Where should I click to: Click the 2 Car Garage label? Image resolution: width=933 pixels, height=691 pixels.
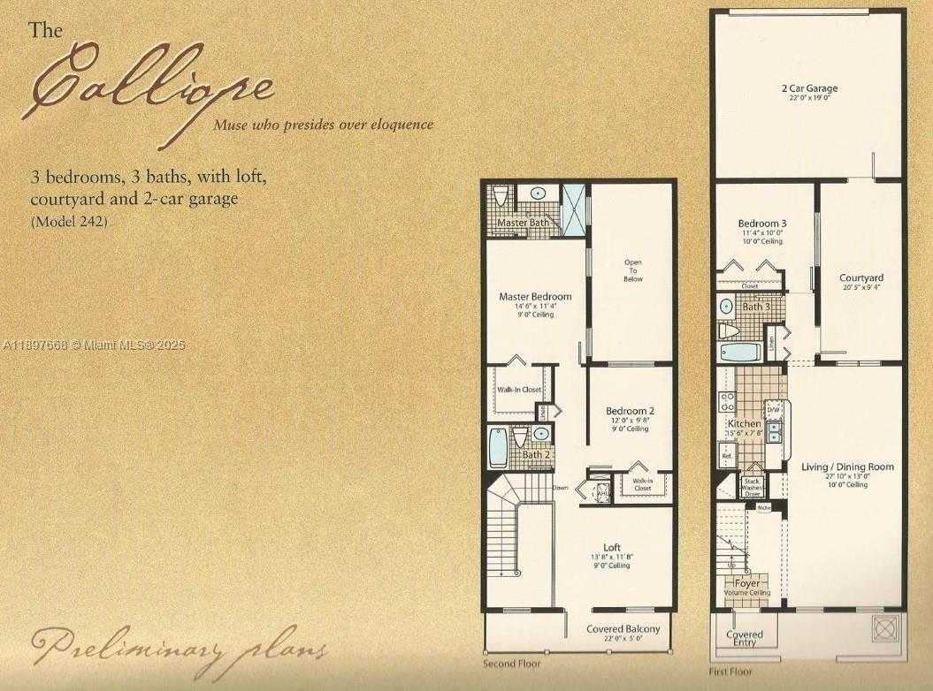pos(809,88)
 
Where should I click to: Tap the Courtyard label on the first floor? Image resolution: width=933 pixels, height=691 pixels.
pos(860,278)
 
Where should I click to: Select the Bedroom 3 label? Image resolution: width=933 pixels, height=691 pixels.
pos(761,224)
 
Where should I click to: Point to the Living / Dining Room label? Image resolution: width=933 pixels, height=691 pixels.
pos(847,467)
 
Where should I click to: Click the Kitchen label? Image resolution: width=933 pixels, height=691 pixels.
pos(745,424)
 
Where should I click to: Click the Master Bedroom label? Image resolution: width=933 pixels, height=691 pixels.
pos(535,296)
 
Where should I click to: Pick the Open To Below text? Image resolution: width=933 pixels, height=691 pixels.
pos(633,270)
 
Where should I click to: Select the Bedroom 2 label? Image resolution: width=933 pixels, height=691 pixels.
pos(630,412)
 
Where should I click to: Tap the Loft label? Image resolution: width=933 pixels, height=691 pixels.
pos(612,548)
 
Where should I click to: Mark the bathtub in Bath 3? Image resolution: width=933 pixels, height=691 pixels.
pos(738,353)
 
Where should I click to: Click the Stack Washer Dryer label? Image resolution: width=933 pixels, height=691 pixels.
pos(753,487)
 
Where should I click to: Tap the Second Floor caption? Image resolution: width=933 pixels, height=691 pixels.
pos(511,662)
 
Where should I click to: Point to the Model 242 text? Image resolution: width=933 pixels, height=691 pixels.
pos(69,222)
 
